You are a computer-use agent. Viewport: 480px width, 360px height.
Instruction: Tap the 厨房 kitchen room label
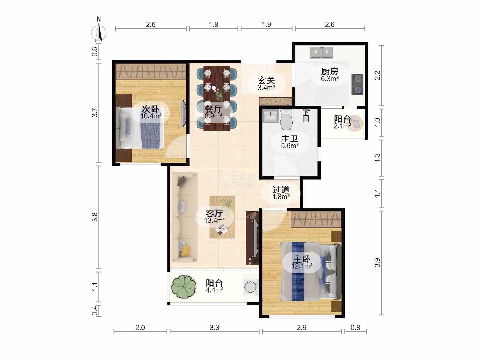[x=330, y=72]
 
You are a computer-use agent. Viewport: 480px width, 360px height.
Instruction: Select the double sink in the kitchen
[x=322, y=53]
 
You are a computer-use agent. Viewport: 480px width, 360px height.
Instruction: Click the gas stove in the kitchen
[x=357, y=84]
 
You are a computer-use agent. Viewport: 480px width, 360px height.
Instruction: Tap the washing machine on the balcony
[x=251, y=287]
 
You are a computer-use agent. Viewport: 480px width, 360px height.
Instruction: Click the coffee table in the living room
[x=222, y=217]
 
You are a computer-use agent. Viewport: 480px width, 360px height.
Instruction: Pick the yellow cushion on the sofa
[x=186, y=251]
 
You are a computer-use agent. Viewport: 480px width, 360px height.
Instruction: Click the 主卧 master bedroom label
[x=302, y=259]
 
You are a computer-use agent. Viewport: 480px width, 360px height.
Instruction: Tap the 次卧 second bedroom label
[x=151, y=109]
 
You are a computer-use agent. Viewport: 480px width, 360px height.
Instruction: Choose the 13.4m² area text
[x=215, y=220]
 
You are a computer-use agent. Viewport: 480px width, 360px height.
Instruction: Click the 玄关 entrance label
[x=266, y=80]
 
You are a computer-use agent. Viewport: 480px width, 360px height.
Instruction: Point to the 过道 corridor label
[x=281, y=190]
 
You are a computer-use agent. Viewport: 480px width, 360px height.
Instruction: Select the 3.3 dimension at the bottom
[x=214, y=328]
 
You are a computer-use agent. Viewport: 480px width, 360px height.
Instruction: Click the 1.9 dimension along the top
[x=266, y=25]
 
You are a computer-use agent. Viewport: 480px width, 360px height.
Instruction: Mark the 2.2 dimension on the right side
[x=377, y=75]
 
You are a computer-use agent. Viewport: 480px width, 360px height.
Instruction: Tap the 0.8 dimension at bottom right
[x=356, y=328]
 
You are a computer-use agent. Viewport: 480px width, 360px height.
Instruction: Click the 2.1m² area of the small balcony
[x=343, y=126]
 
